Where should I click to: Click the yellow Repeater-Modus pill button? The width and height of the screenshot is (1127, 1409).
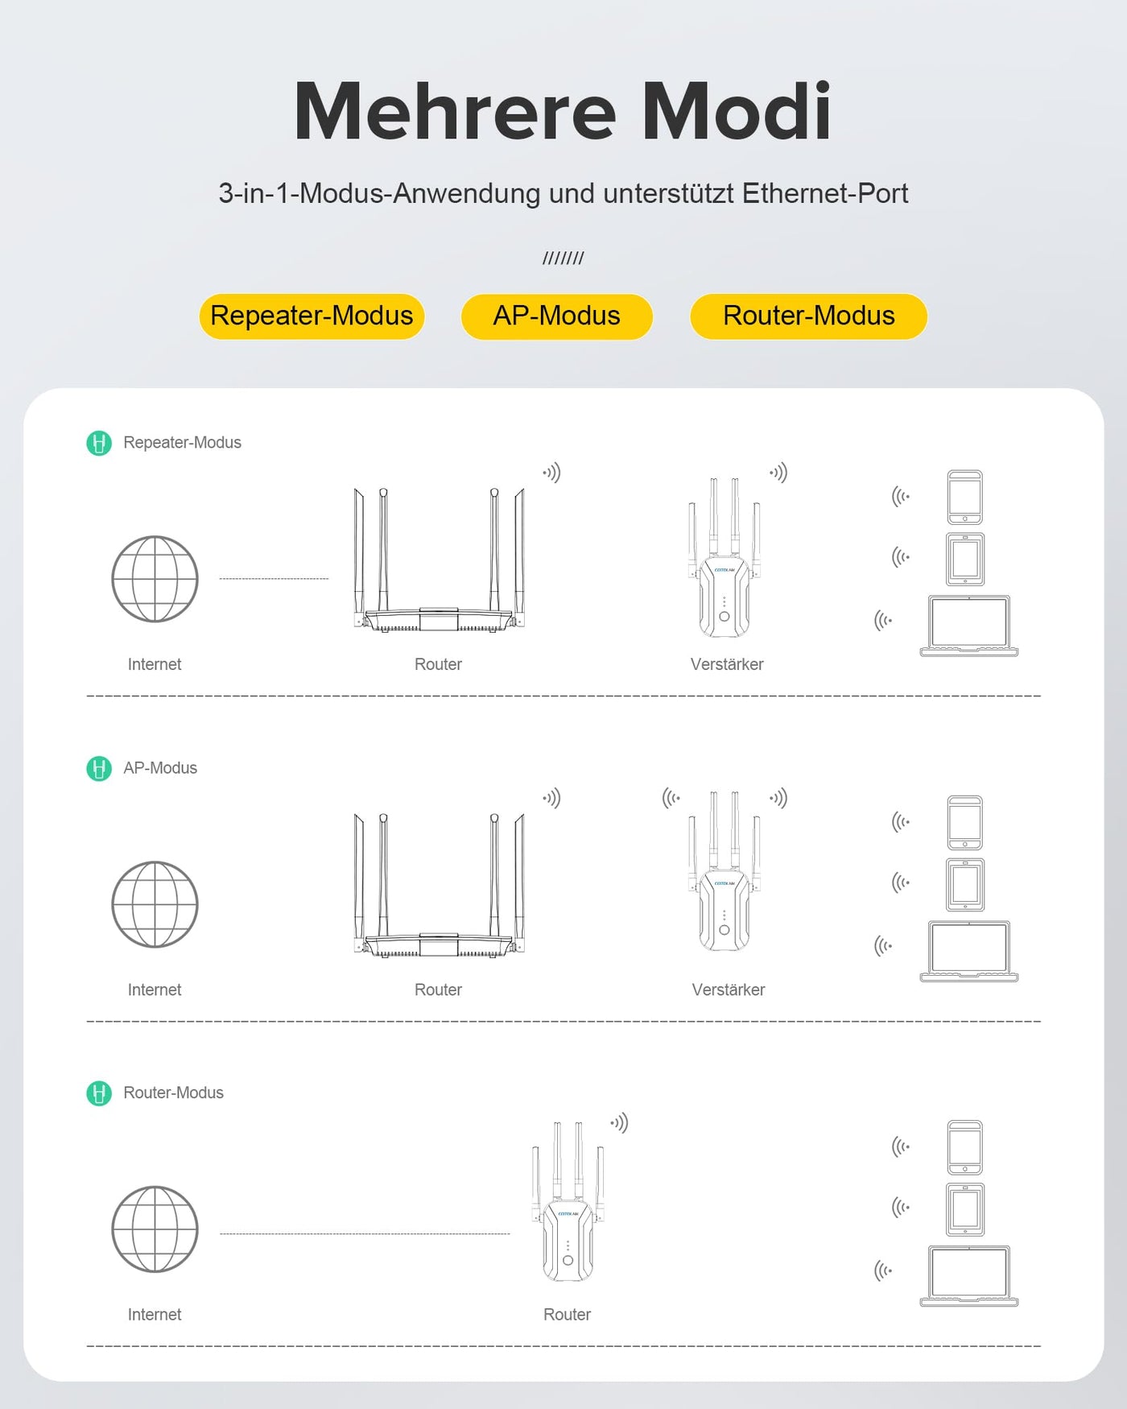tap(312, 316)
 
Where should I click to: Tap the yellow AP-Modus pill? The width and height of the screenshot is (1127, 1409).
tap(556, 316)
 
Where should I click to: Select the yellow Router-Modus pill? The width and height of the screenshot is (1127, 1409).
tap(808, 316)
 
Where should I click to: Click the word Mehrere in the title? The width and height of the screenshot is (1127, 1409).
tap(455, 112)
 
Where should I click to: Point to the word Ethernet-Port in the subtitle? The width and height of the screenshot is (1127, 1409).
tap(824, 194)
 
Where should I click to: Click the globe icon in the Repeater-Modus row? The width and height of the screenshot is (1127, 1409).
tap(155, 579)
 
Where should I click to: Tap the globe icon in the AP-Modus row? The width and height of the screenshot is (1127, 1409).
tap(155, 904)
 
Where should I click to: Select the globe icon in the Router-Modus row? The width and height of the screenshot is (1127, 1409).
tap(155, 1229)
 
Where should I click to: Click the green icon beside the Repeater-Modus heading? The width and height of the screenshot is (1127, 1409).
tap(99, 443)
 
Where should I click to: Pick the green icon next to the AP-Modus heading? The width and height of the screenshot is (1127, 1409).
tap(99, 768)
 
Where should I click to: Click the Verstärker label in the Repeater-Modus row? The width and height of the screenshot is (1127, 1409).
tap(727, 664)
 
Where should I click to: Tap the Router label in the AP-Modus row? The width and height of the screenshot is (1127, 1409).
tap(438, 990)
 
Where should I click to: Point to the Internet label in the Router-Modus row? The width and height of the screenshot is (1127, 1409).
tap(155, 1315)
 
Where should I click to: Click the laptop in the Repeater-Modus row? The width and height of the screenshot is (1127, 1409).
tap(968, 626)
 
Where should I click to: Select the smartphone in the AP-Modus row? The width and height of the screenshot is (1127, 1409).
tap(964, 822)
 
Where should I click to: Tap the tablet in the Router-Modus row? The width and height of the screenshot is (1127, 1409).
tap(965, 1209)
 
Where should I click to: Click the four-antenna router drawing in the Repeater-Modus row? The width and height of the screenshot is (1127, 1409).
tap(439, 564)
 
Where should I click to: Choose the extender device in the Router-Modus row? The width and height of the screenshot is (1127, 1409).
tap(568, 1208)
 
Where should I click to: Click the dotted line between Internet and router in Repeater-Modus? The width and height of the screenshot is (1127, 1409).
tap(274, 578)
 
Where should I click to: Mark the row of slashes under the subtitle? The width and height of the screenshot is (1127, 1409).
tap(563, 258)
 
